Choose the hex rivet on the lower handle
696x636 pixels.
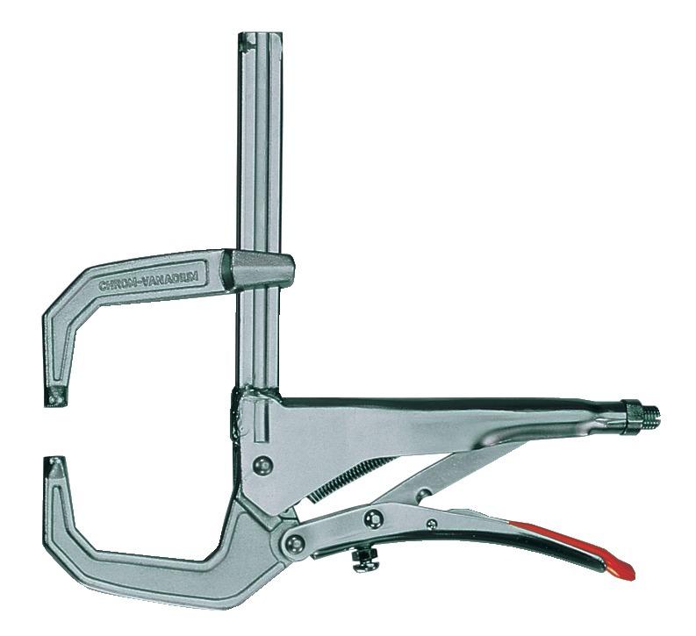click(374, 518)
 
